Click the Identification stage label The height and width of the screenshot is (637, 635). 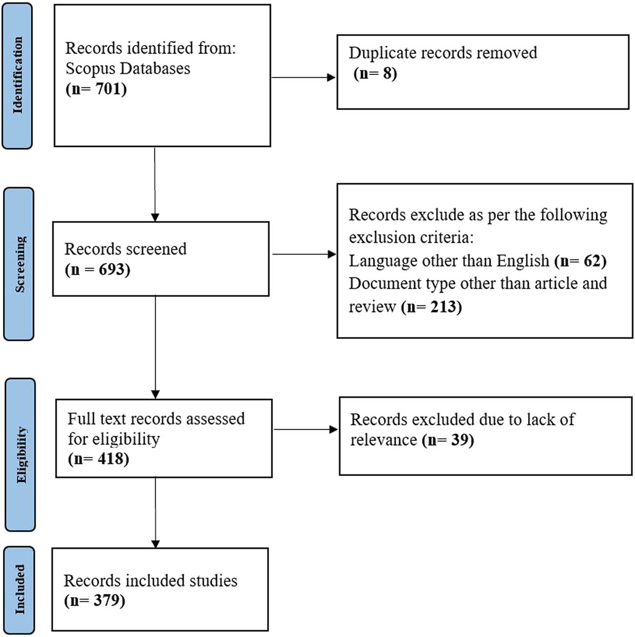(x=18, y=76)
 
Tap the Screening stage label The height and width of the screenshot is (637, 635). (x=19, y=264)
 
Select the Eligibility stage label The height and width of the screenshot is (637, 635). (x=21, y=455)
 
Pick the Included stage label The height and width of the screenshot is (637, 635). (x=19, y=589)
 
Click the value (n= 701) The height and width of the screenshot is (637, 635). (x=96, y=89)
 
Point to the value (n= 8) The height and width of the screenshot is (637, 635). (x=375, y=74)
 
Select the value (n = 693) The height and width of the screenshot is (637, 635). (x=98, y=270)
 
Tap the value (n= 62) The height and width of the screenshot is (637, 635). (x=580, y=261)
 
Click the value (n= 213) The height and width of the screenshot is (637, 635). (x=431, y=307)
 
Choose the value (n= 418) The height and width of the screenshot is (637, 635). (x=99, y=459)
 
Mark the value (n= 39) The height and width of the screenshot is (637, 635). (x=448, y=440)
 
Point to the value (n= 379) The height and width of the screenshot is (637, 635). (x=95, y=600)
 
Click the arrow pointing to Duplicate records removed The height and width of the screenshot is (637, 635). (x=303, y=77)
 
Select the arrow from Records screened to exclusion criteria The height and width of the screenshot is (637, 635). (x=304, y=254)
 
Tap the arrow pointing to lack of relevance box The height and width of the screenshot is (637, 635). (x=305, y=430)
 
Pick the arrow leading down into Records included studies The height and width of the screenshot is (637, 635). (x=155, y=512)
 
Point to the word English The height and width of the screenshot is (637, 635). (x=523, y=261)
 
